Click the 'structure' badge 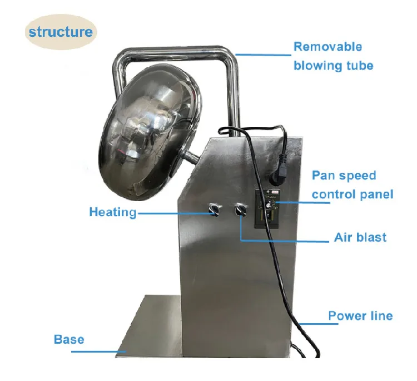click(x=61, y=31)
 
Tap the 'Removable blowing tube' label click(x=333, y=56)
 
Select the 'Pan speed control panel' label click(x=352, y=185)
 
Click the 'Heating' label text click(x=112, y=212)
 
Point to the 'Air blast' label click(x=360, y=237)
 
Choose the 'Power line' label click(x=360, y=316)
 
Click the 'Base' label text click(x=69, y=339)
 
